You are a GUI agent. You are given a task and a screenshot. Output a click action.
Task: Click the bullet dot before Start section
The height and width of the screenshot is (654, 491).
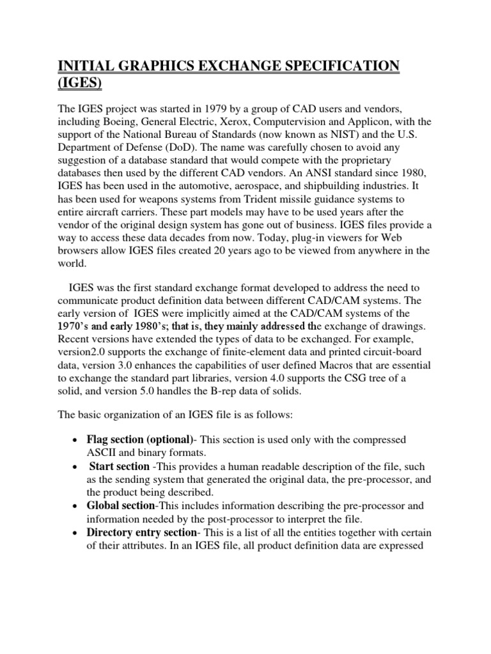click(x=77, y=468)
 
